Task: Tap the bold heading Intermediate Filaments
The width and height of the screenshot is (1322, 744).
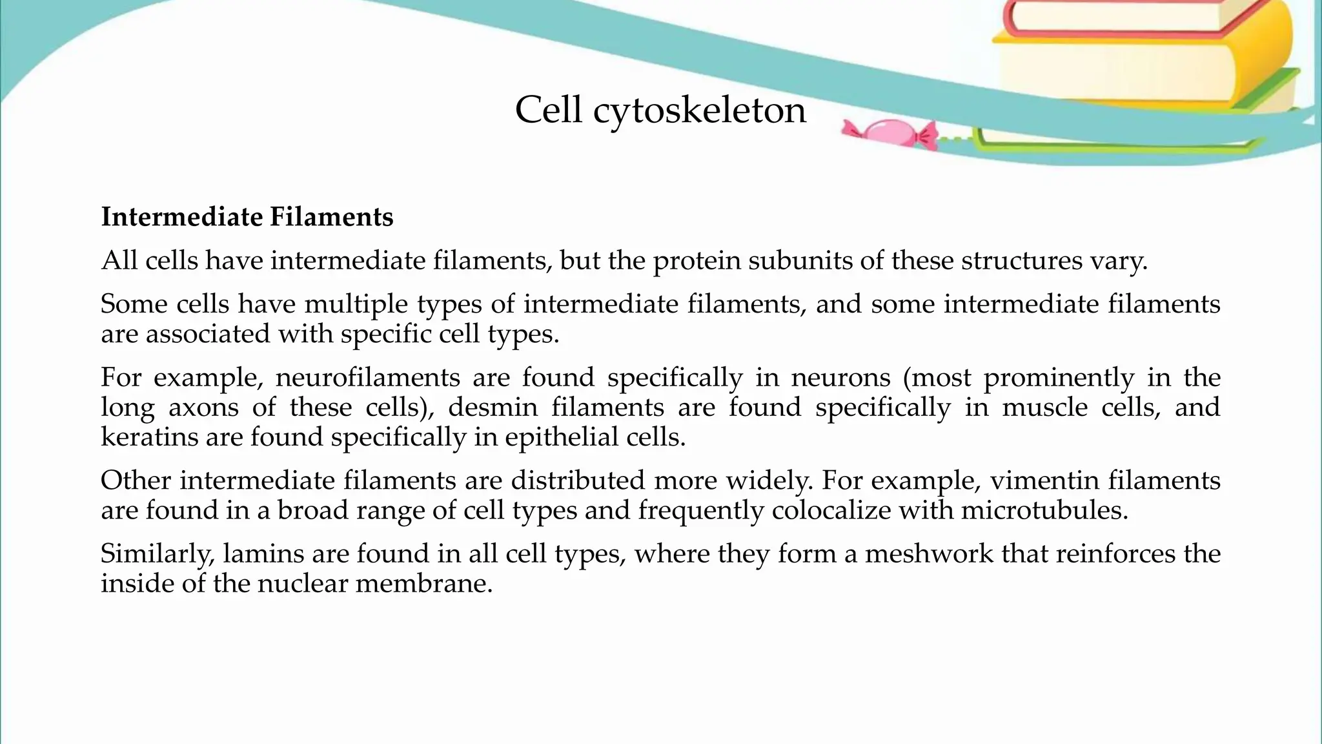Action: (247, 217)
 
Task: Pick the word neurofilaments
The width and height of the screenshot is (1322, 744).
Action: (367, 377)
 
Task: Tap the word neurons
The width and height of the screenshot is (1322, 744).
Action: (840, 377)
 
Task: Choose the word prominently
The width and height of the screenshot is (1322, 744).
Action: (1059, 377)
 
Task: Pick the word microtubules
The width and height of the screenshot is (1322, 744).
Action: (1044, 510)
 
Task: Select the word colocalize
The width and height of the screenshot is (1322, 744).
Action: (831, 510)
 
